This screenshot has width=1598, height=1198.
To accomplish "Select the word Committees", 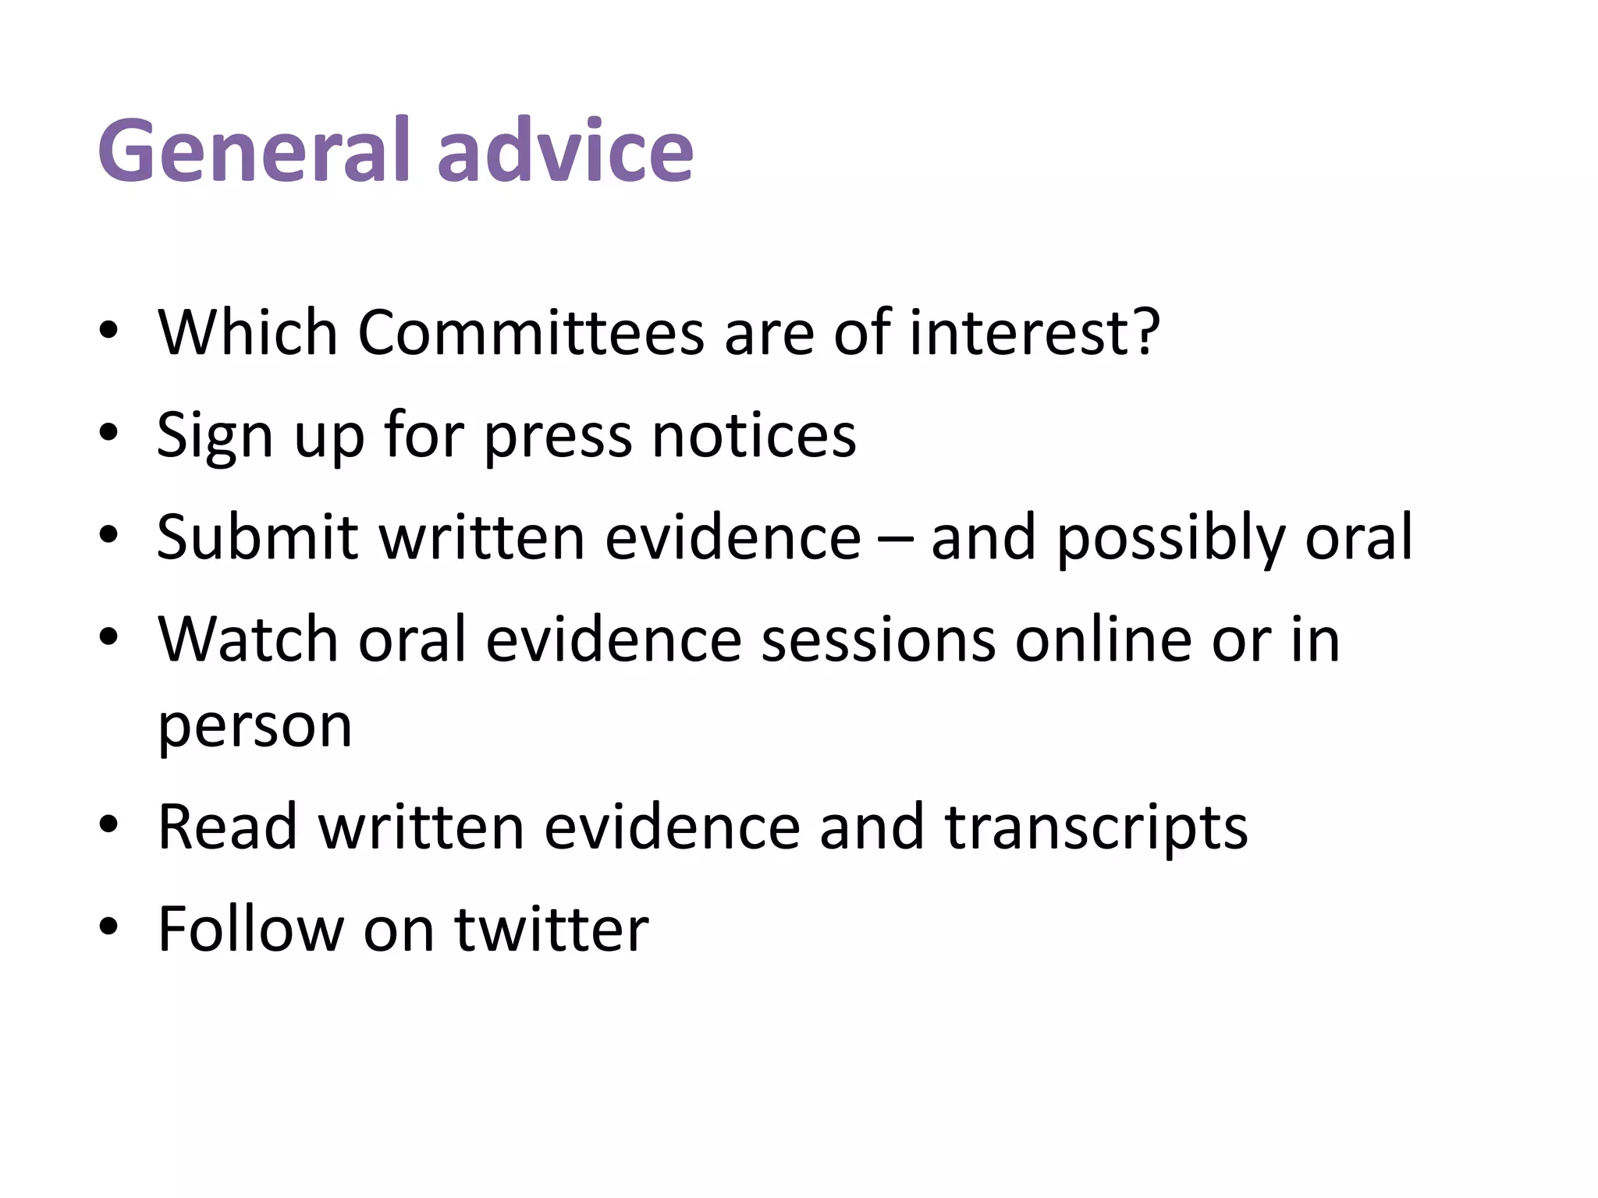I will tap(531, 333).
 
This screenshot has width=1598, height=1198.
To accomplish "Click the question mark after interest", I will tap(1144, 331).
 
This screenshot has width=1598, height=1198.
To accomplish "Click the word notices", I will tap(754, 434).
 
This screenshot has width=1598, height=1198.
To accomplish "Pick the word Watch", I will tap(248, 640).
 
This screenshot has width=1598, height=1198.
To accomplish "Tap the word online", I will tap(1103, 640).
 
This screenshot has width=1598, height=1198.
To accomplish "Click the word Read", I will tap(228, 827).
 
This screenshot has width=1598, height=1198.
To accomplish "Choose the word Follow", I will tap(250, 929).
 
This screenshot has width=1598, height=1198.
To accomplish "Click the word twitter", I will tap(552, 929).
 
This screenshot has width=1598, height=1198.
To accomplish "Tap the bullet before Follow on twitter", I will tap(108, 927).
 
